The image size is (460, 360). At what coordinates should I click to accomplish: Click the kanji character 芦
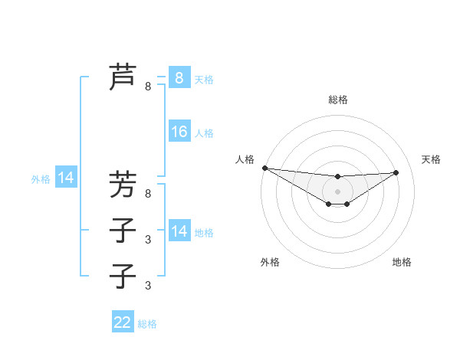(123, 77)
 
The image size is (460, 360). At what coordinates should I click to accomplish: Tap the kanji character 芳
(123, 184)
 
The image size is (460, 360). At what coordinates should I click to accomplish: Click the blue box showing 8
(179, 77)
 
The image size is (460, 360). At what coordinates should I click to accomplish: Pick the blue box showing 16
(179, 132)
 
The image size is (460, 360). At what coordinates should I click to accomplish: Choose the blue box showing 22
(123, 322)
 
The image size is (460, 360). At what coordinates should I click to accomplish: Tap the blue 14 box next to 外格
(66, 178)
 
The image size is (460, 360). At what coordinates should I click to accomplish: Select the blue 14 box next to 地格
(179, 231)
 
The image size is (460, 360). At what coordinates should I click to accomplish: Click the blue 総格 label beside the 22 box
(147, 324)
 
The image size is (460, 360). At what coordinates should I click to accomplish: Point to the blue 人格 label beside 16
(204, 133)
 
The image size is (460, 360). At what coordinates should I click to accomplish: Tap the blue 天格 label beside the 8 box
(204, 79)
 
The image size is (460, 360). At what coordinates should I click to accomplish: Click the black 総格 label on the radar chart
(337, 100)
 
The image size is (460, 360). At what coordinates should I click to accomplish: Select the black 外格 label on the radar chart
(270, 262)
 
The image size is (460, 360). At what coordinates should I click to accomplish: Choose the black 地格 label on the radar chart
(402, 262)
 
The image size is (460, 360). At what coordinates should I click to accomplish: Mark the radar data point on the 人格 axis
(264, 167)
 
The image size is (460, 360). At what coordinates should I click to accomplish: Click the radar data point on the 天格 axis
(396, 172)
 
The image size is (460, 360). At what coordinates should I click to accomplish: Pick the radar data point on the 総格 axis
(337, 177)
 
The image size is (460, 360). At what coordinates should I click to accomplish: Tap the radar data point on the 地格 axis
(347, 204)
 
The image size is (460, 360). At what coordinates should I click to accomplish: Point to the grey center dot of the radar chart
(337, 191)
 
